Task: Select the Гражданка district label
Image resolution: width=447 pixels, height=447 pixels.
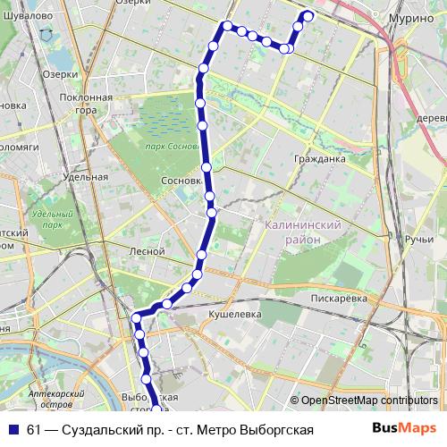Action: tap(319, 159)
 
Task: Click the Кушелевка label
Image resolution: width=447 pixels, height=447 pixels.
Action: tap(234, 315)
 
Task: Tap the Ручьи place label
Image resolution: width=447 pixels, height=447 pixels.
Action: tap(418, 240)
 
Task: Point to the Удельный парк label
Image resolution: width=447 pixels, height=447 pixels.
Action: tap(51, 219)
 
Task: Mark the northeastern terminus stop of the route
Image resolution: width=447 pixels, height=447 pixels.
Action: tap(308, 15)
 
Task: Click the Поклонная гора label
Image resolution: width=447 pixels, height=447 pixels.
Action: tap(86, 104)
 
